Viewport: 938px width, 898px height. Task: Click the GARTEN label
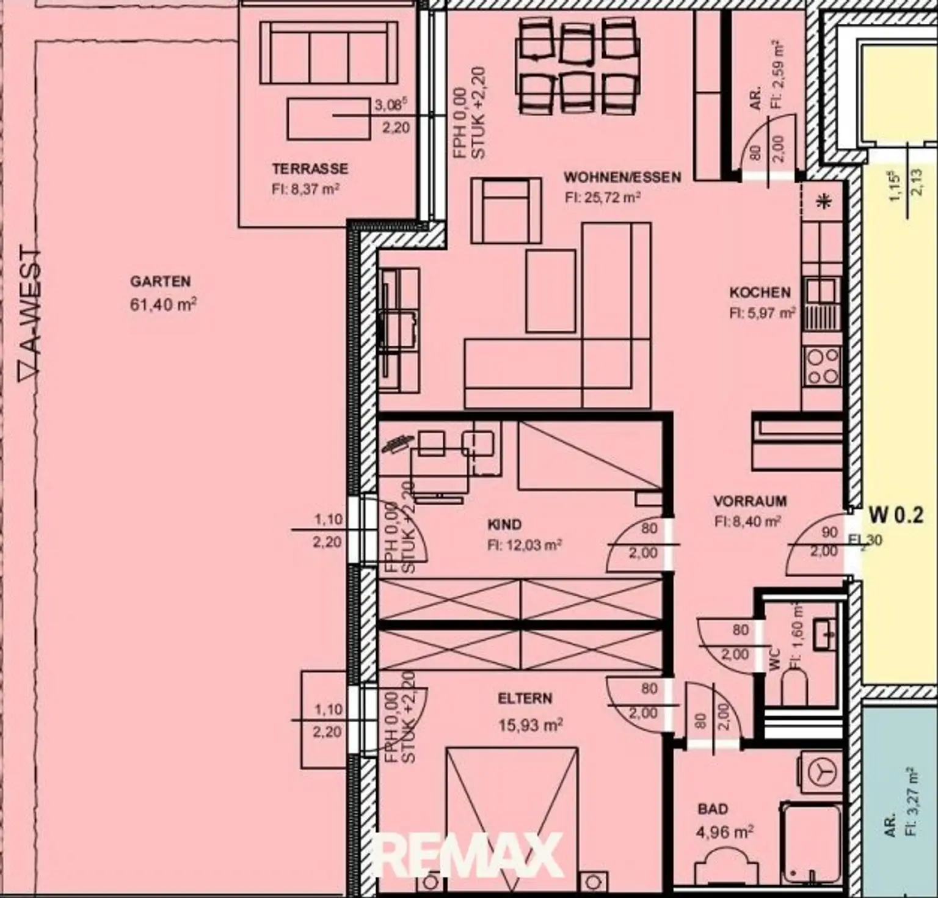pyautogui.click(x=160, y=282)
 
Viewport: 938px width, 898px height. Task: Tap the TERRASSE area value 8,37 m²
pyautogui.click(x=305, y=189)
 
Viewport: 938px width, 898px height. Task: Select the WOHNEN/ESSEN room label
pyautogui.click(x=622, y=177)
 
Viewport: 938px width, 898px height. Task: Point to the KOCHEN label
pyautogui.click(x=760, y=293)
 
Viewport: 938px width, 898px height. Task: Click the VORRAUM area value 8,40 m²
pyautogui.click(x=748, y=522)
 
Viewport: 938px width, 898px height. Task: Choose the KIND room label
pyautogui.click(x=504, y=524)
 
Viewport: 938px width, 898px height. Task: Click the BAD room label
pyautogui.click(x=713, y=809)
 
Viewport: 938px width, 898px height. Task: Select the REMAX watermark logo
pyautogui.click(x=467, y=855)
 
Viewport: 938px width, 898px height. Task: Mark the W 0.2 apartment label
pyautogui.click(x=895, y=515)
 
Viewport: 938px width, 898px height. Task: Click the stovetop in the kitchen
pyautogui.click(x=822, y=365)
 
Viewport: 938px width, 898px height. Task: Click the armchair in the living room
pyautogui.click(x=506, y=211)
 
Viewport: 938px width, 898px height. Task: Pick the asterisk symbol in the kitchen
pyautogui.click(x=824, y=201)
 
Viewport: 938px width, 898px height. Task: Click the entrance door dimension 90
pyautogui.click(x=829, y=533)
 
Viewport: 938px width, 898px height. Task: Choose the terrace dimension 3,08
pyautogui.click(x=390, y=105)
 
